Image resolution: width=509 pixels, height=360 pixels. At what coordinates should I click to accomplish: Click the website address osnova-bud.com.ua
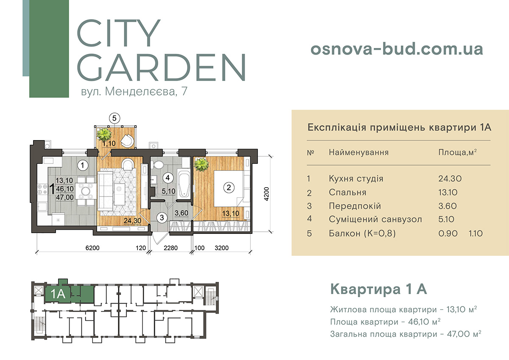[x=397, y=49]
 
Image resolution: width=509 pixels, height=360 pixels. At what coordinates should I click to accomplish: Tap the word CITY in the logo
[x=119, y=33]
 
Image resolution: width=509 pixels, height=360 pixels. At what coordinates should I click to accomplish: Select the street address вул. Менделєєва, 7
[x=134, y=91]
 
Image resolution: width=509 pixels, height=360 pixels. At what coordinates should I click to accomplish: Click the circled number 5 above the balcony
[x=114, y=118]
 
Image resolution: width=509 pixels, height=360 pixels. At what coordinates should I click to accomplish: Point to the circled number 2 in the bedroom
[x=229, y=188]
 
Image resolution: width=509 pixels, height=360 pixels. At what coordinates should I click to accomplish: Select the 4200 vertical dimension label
[x=266, y=194]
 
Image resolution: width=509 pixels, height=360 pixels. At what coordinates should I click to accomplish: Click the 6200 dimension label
[x=92, y=248]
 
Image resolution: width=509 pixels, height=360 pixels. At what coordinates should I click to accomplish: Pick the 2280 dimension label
[x=171, y=248]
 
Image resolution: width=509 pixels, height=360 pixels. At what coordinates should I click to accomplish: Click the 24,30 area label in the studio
[x=132, y=220]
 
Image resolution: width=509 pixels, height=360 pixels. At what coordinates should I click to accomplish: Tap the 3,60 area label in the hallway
[x=182, y=213]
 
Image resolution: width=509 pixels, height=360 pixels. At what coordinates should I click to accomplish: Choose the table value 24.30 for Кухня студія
[x=450, y=179]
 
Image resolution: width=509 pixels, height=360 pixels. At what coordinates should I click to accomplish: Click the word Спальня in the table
[x=348, y=193]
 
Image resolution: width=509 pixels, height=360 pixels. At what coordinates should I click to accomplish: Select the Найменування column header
[x=358, y=152]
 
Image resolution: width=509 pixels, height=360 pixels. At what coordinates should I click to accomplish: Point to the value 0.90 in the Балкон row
[x=448, y=233]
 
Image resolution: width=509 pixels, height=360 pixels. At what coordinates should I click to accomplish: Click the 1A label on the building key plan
[x=58, y=294]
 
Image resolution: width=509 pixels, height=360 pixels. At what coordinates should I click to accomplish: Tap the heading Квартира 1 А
[x=378, y=289]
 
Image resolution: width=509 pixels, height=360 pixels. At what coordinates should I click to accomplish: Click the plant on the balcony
[x=104, y=135]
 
